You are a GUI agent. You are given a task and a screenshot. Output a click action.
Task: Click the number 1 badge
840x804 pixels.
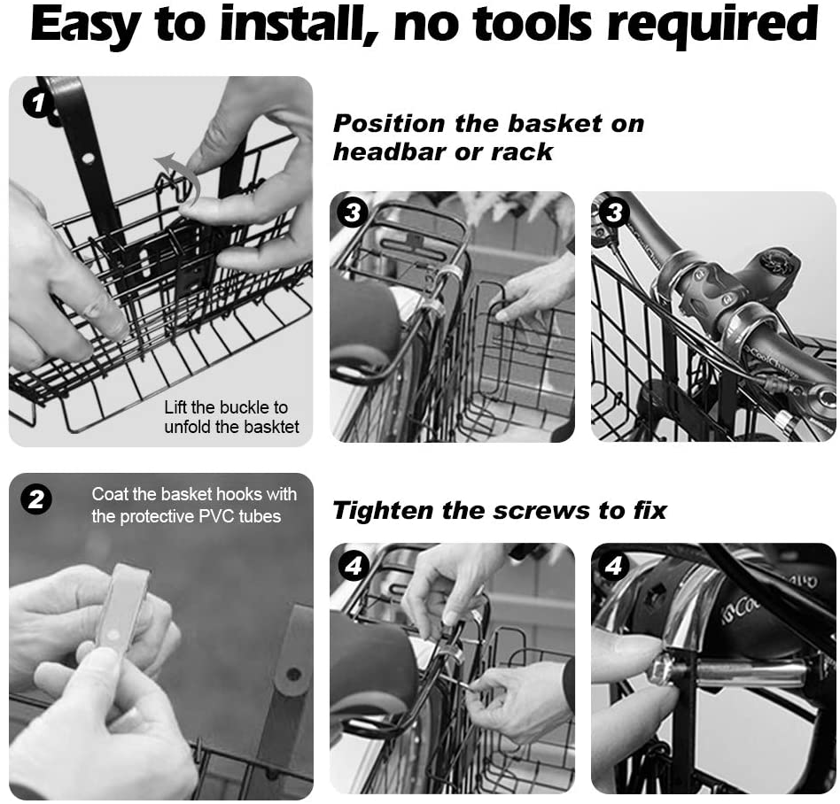tap(37, 103)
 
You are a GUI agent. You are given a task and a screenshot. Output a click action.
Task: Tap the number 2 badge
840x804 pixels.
tap(36, 500)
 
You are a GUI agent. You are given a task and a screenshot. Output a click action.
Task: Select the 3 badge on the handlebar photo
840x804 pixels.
tap(614, 213)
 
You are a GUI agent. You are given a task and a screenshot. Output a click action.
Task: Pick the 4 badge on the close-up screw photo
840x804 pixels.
tap(614, 565)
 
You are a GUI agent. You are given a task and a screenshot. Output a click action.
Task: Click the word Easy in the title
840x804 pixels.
tap(86, 25)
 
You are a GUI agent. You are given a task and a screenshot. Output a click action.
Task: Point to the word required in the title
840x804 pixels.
tap(712, 24)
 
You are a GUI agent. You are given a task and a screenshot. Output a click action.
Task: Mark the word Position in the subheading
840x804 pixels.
tap(390, 124)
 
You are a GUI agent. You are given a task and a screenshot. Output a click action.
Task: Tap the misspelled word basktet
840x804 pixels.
tap(269, 427)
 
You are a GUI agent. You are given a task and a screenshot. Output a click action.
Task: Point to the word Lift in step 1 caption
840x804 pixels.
tap(175, 407)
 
